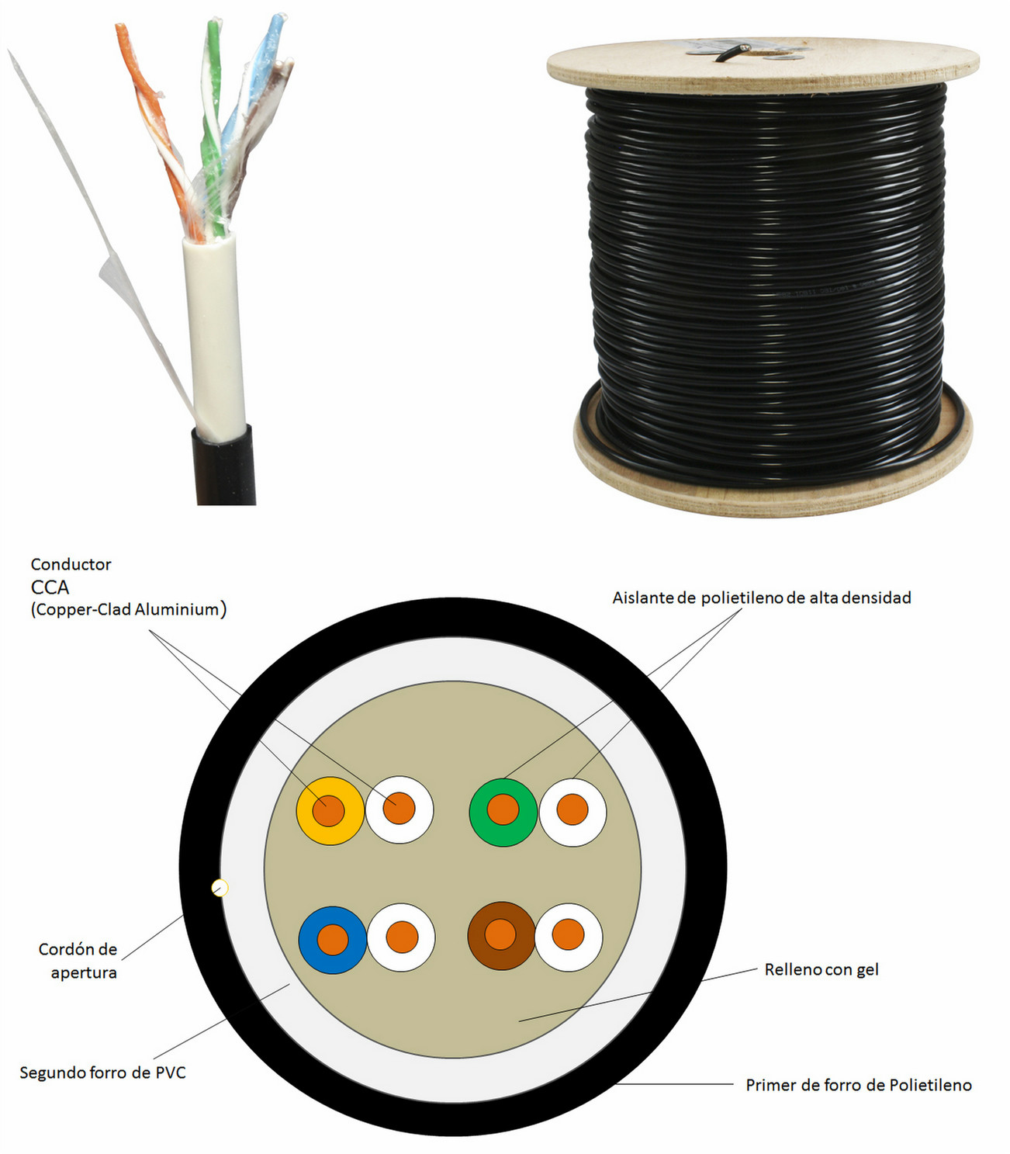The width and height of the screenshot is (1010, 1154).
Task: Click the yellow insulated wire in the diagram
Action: [330, 810]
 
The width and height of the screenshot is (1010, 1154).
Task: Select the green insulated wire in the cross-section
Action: [503, 813]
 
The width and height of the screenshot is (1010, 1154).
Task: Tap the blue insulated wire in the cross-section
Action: [333, 940]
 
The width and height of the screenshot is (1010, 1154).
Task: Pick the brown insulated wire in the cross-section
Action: [501, 936]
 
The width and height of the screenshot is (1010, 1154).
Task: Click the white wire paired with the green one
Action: [572, 813]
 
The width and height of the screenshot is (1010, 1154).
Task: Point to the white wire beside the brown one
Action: [568, 937]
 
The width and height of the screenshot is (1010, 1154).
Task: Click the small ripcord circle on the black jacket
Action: [220, 888]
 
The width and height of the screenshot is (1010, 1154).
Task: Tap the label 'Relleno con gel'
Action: [821, 969]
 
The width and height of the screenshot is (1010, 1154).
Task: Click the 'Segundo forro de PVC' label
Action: [102, 1073]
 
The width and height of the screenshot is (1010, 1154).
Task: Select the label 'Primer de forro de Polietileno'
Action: [859, 1085]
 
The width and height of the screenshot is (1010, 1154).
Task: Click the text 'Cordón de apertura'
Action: [78, 961]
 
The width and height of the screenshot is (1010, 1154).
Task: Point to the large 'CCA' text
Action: [50, 587]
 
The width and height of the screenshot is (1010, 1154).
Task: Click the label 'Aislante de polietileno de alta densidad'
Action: [762, 598]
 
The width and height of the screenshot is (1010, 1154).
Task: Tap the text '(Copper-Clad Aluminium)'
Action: [129, 609]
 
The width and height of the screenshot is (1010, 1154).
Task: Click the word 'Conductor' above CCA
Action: [71, 564]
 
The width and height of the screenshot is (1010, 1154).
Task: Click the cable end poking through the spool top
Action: [732, 53]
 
